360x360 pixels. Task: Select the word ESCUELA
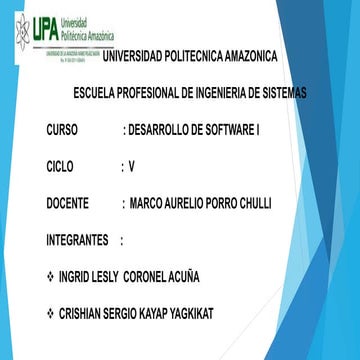click(99, 93)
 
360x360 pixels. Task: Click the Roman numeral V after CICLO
click(131, 167)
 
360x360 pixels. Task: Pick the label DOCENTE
click(73, 204)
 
